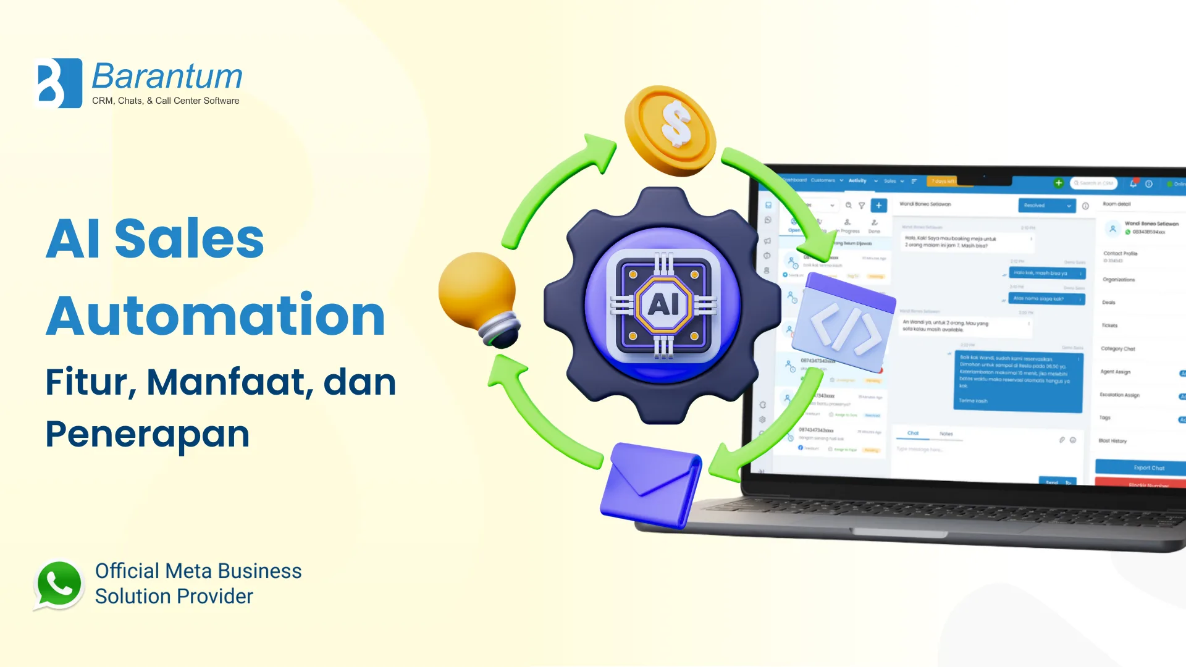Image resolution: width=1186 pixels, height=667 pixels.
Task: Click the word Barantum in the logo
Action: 167,77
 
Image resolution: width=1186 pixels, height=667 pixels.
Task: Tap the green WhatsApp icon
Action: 59,584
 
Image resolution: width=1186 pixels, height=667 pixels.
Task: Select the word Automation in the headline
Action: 216,316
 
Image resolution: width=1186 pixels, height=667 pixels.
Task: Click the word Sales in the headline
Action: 189,238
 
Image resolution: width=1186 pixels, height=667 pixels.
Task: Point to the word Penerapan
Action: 147,434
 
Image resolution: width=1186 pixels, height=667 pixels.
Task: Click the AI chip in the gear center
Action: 663,304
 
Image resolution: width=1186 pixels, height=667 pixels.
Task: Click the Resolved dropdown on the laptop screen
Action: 1046,206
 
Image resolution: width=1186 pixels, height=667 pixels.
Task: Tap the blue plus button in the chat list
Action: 878,206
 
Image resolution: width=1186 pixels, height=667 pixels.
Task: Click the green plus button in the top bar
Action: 1058,183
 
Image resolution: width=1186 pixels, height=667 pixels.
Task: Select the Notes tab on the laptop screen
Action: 946,434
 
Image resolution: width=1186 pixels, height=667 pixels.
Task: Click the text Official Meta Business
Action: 198,571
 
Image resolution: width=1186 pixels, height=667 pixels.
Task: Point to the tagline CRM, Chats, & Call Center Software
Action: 166,101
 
